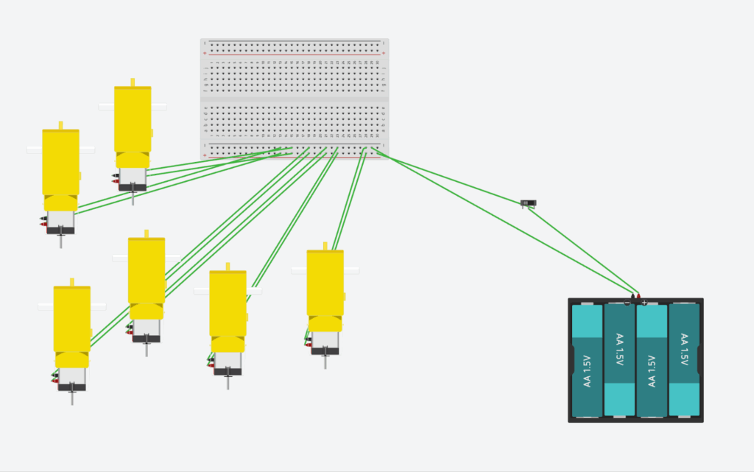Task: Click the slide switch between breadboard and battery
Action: click(529, 202)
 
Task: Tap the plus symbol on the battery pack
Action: click(644, 303)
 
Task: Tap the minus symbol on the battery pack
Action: click(627, 303)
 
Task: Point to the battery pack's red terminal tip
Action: click(638, 295)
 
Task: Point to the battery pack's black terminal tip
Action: click(632, 295)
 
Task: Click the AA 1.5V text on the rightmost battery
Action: click(684, 351)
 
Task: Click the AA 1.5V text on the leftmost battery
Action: click(587, 371)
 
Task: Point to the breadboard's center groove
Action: click(295, 98)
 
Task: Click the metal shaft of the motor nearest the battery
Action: click(325, 362)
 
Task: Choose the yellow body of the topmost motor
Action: click(133, 118)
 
